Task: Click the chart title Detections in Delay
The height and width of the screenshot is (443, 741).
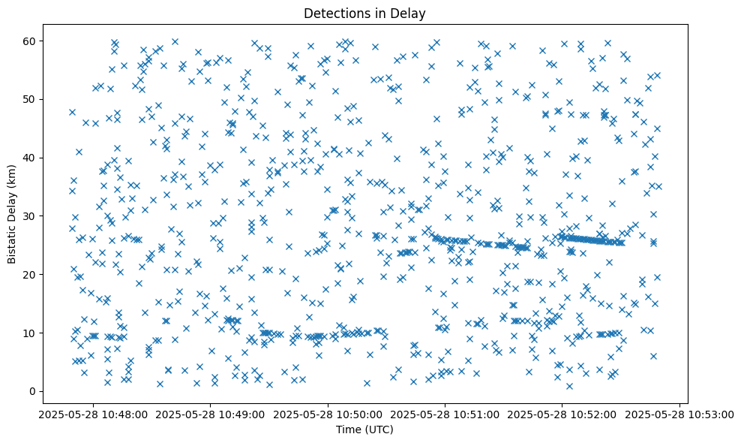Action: [364, 13]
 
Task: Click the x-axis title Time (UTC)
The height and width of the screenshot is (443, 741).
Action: [364, 429]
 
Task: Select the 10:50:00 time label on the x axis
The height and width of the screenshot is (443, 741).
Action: [328, 414]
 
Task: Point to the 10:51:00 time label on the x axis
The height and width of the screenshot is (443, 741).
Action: [445, 414]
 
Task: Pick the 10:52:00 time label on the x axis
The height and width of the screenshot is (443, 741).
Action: [563, 414]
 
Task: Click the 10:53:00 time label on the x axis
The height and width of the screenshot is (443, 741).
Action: [679, 414]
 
